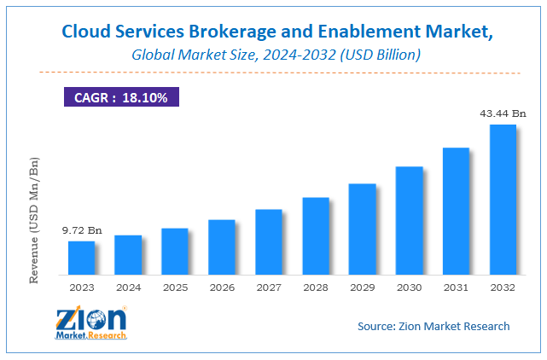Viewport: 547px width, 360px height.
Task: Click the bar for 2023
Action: coord(82,258)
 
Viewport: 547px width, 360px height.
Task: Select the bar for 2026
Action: coord(222,247)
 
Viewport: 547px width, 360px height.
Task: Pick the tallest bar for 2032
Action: coord(502,200)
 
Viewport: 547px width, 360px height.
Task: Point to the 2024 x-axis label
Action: coord(128,288)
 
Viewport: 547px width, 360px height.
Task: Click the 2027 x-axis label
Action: coord(269,288)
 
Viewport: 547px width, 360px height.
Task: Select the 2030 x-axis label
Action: coord(409,288)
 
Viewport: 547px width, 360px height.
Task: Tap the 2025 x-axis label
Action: coord(175,288)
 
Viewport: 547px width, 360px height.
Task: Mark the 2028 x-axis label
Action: coord(316,288)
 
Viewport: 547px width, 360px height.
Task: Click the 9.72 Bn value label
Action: coord(81,230)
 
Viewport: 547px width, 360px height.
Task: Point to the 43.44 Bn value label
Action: coord(502,113)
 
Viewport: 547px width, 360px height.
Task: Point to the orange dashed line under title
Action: coord(273,72)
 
